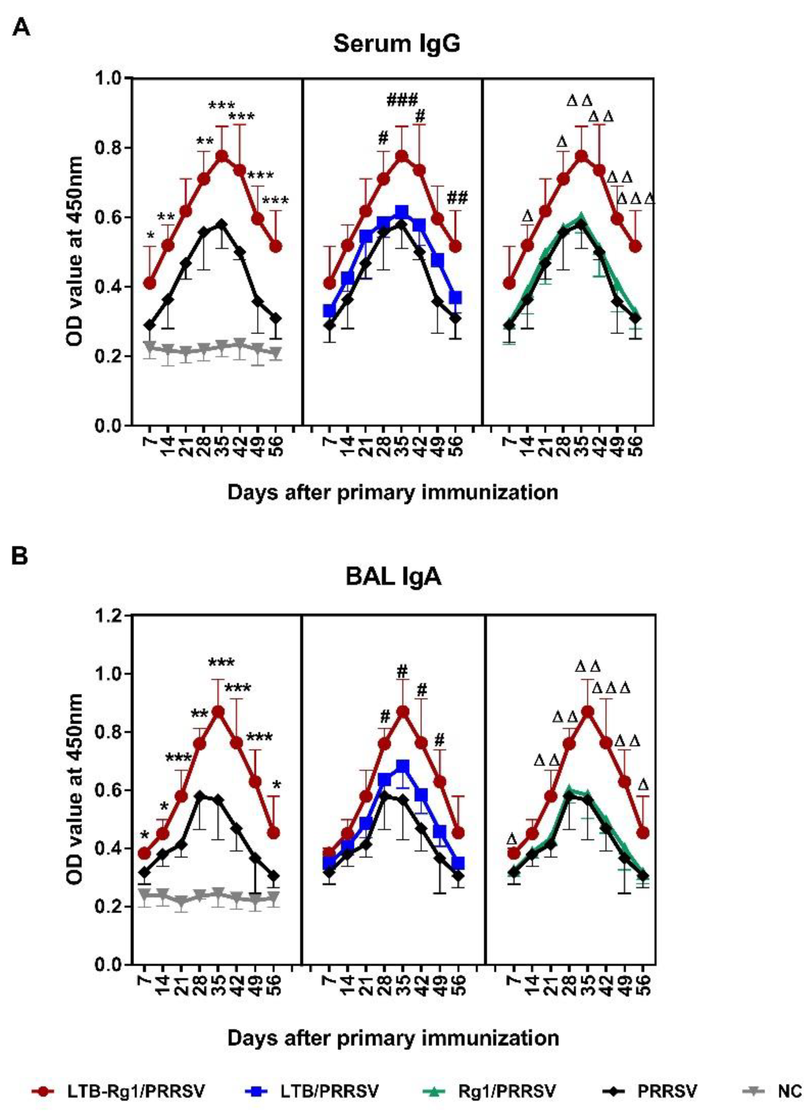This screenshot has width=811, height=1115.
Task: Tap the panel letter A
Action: [x=21, y=27]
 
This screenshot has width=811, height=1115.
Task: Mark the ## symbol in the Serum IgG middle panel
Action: [x=457, y=197]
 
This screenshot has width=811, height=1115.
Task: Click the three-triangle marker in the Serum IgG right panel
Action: [x=636, y=199]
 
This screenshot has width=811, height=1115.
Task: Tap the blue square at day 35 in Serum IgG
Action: [x=402, y=212]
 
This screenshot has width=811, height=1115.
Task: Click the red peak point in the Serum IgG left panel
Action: [x=222, y=156]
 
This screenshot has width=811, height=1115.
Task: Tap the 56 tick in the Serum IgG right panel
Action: [x=636, y=445]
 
